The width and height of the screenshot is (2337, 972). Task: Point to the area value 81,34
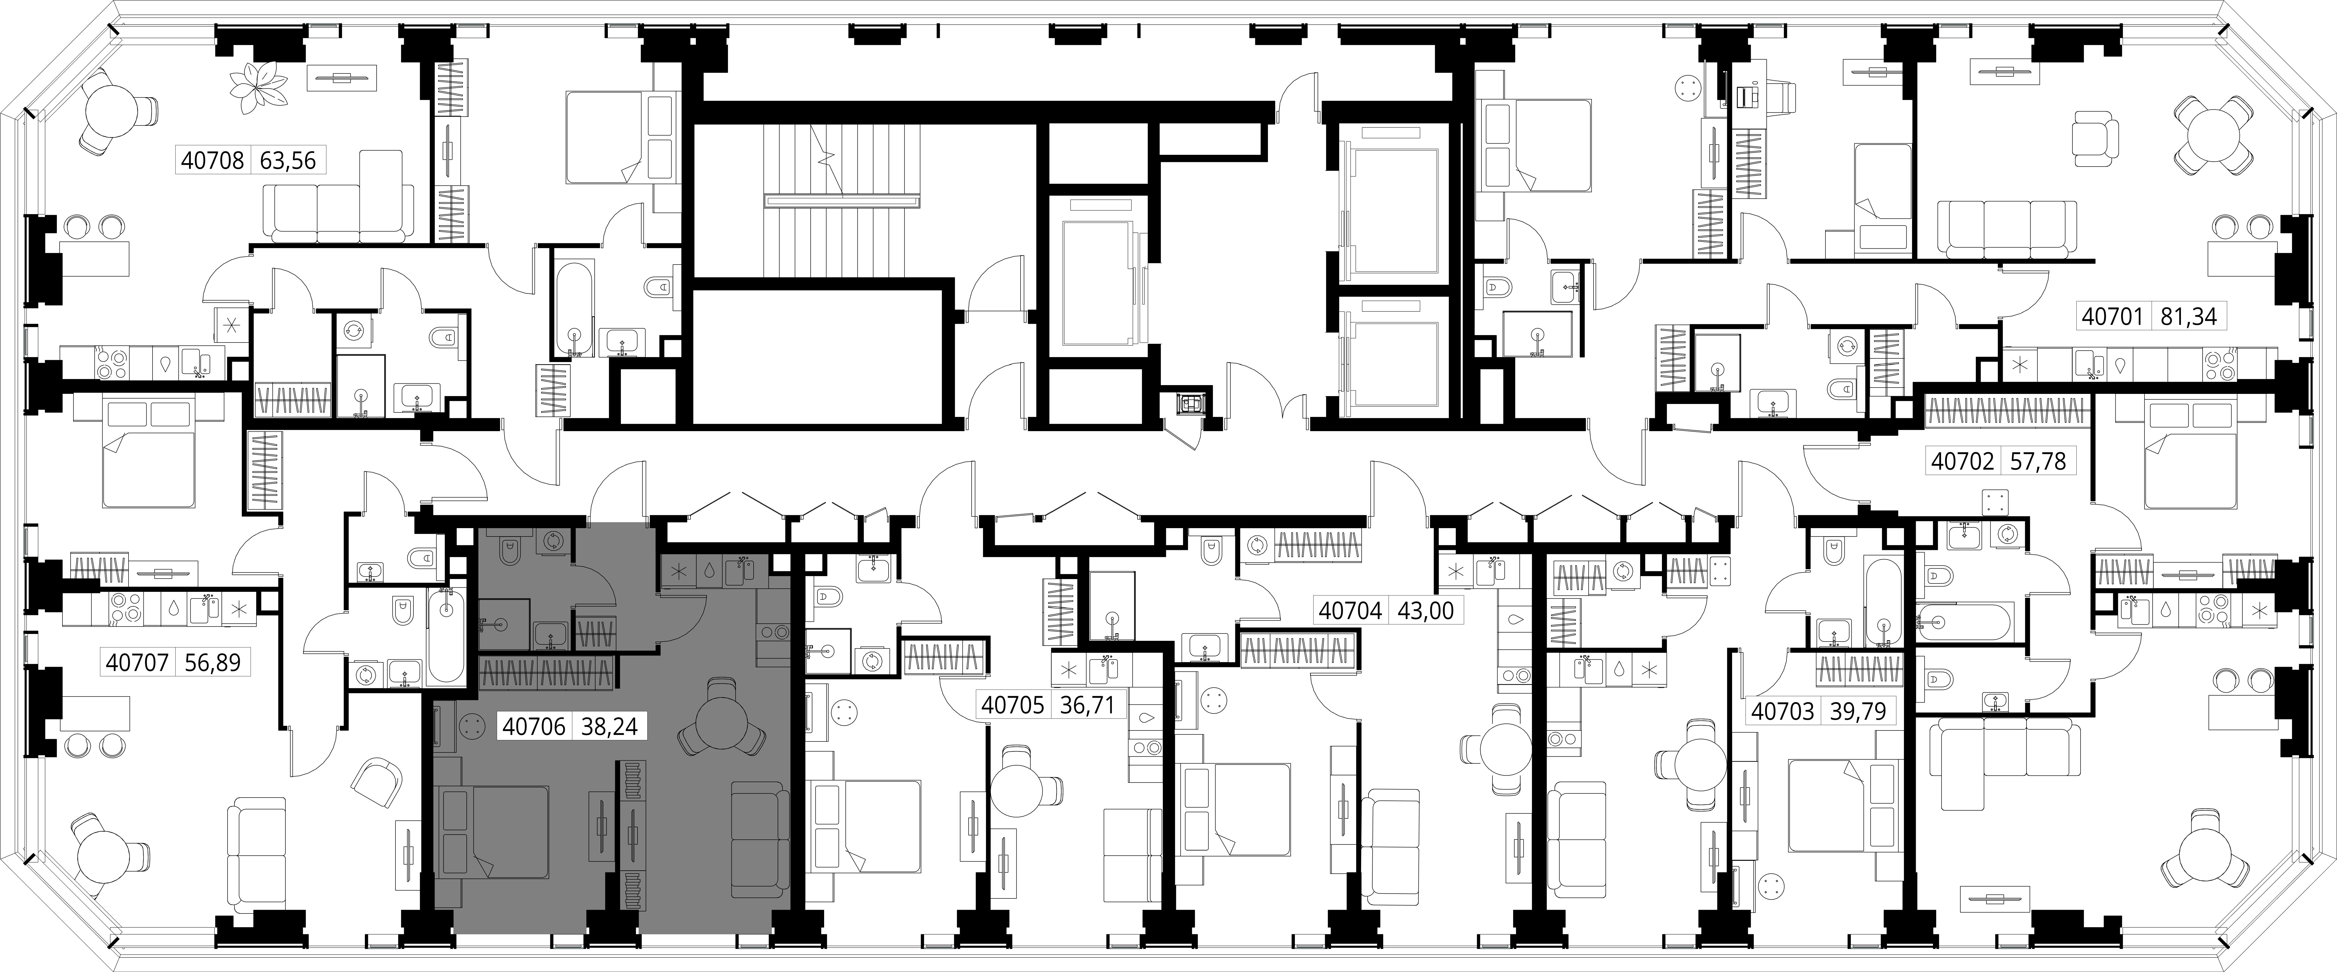click(2188, 316)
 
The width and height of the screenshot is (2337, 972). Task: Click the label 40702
click(1962, 462)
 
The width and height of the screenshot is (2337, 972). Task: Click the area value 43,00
click(1425, 611)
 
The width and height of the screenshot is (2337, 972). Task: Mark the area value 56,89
click(212, 663)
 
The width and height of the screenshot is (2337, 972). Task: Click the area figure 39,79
click(1858, 712)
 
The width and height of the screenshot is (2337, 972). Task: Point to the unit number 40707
click(137, 663)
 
